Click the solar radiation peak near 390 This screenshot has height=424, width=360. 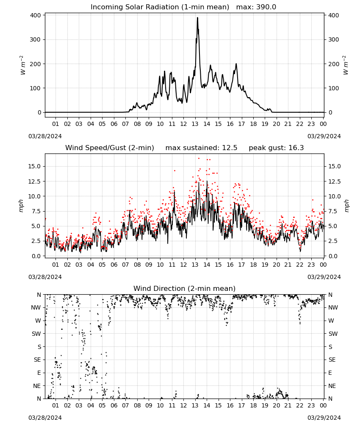tap(197, 18)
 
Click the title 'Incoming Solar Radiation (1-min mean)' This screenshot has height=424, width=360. tap(160, 7)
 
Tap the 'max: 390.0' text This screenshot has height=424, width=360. tap(256, 7)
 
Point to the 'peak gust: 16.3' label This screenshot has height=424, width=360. tap(276, 148)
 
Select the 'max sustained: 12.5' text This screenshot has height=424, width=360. tap(201, 148)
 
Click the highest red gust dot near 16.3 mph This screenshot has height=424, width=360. tap(199, 159)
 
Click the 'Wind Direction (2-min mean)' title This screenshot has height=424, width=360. tap(185, 288)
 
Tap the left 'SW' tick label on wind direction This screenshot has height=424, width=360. tap(36, 334)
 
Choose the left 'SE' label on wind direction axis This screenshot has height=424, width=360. tap(37, 360)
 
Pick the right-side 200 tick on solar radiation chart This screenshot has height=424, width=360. tap(334, 64)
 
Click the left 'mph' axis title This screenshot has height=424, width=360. tap(21, 206)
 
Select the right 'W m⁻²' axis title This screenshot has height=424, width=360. tap(346, 65)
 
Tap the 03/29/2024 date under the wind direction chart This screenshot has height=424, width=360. tap(324, 418)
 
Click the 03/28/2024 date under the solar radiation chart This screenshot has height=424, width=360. tap(45, 136)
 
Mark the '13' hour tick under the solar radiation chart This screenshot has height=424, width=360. tap(195, 124)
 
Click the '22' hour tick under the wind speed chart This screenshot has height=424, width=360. tap(300, 265)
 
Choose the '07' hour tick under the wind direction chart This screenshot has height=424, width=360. tap(125, 406)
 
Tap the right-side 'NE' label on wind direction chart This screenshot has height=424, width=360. tap(332, 386)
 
